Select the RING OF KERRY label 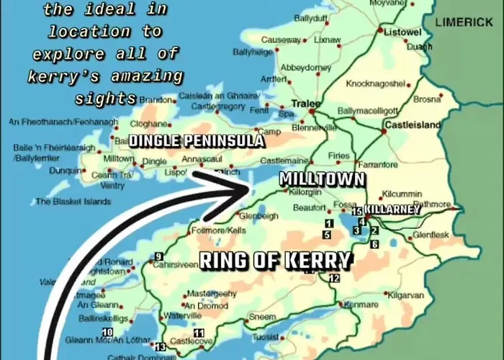pos(275,261)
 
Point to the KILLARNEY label pos(392,209)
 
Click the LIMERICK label pos(464,22)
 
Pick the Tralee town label pos(305,104)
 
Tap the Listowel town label pos(401,33)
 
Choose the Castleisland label pos(413,125)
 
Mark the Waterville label pos(182,315)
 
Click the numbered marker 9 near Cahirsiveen pos(158,257)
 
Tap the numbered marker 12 pos(334,278)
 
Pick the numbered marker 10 pos(108,332)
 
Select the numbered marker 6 pos(374,245)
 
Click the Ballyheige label pos(252,53)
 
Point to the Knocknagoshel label pos(376,84)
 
